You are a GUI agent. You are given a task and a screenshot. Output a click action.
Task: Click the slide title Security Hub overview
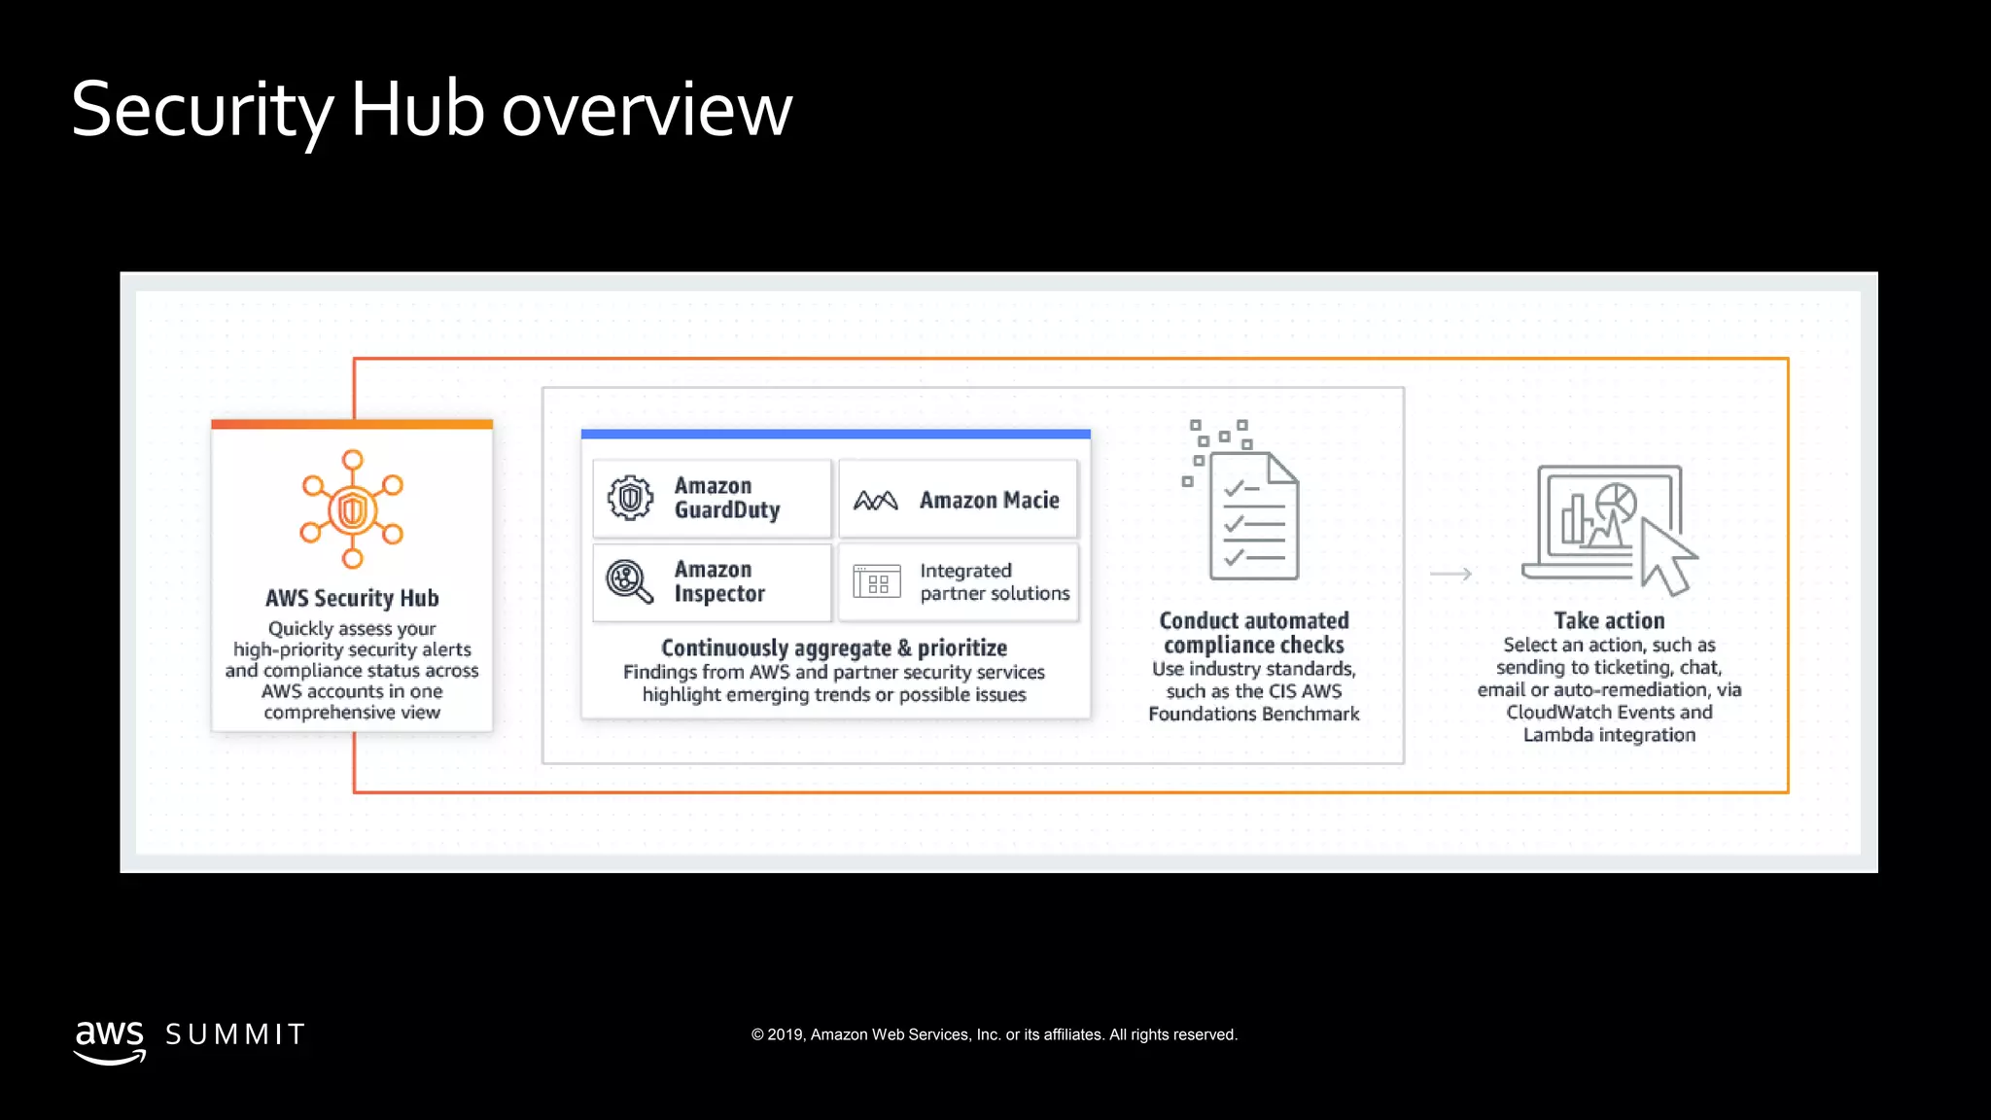[432, 109]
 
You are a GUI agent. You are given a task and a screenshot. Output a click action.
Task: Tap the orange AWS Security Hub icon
[352, 508]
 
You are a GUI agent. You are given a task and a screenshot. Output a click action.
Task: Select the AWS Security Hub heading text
[352, 598]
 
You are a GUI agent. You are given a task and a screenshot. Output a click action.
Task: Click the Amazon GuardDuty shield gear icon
[630, 498]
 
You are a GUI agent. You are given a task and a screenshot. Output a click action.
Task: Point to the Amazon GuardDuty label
[727, 498]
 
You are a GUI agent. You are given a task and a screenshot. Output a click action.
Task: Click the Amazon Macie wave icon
[875, 500]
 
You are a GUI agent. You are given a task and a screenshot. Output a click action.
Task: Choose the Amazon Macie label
[989, 500]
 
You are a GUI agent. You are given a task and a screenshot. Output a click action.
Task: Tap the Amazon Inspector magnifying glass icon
[629, 581]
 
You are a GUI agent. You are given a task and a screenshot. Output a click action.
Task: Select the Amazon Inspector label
[719, 581]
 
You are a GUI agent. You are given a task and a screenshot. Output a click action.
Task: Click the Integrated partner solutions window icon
[877, 581]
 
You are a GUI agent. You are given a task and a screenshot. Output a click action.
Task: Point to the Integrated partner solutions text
[994, 581]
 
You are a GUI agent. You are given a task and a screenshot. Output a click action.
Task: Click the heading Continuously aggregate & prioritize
[834, 647]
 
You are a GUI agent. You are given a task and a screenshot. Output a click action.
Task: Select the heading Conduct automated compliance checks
[1254, 632]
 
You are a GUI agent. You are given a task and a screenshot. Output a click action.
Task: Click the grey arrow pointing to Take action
[1450, 574]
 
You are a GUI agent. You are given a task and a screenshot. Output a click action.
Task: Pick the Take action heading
[1609, 620]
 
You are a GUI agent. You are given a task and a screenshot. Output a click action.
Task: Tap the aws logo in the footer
[110, 1040]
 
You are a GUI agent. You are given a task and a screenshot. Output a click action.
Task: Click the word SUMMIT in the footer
[235, 1034]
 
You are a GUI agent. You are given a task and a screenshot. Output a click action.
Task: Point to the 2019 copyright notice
[994, 1034]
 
